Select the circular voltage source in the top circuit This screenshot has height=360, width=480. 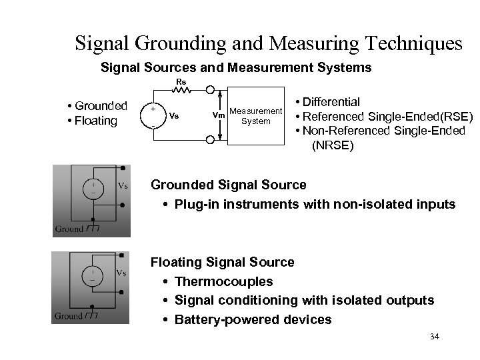[153, 115]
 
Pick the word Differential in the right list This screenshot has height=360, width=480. [331, 102]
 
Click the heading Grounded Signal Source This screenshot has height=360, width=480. [229, 185]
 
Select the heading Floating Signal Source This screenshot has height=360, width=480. [223, 262]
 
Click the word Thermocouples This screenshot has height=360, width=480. [223, 281]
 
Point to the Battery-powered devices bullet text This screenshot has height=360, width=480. [253, 319]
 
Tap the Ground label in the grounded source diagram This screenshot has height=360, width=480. [69, 229]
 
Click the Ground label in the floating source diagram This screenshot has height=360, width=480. [69, 316]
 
